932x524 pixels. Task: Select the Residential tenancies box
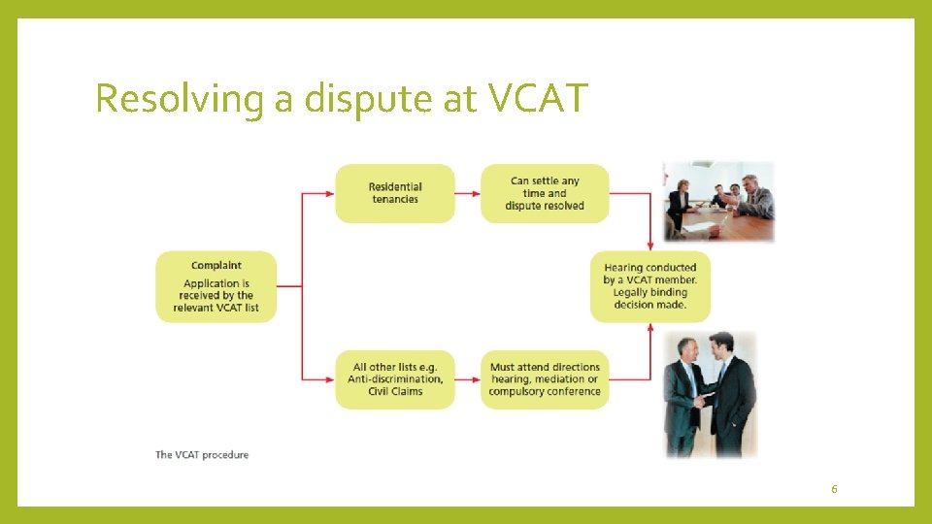395,193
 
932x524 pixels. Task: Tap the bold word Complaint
216,265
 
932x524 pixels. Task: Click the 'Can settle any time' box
545,193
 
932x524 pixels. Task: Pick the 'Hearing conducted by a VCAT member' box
650,286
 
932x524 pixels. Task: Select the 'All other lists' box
395,379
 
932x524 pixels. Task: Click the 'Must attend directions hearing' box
545,379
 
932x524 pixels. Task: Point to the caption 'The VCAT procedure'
202,454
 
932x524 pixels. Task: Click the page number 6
834,489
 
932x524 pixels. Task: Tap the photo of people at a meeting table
719,201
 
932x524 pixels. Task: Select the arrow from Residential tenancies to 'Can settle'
468,193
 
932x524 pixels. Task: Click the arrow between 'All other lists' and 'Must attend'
468,379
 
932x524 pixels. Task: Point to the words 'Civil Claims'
395,391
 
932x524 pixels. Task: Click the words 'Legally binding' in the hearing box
650,292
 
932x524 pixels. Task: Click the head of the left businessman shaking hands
687,350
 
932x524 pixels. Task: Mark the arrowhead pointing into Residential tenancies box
331,193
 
